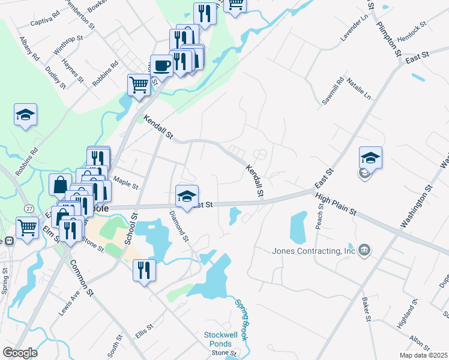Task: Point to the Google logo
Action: (x=20, y=353)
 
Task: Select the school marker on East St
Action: (x=187, y=196)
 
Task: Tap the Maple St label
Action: (x=126, y=179)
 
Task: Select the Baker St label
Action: (x=364, y=308)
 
